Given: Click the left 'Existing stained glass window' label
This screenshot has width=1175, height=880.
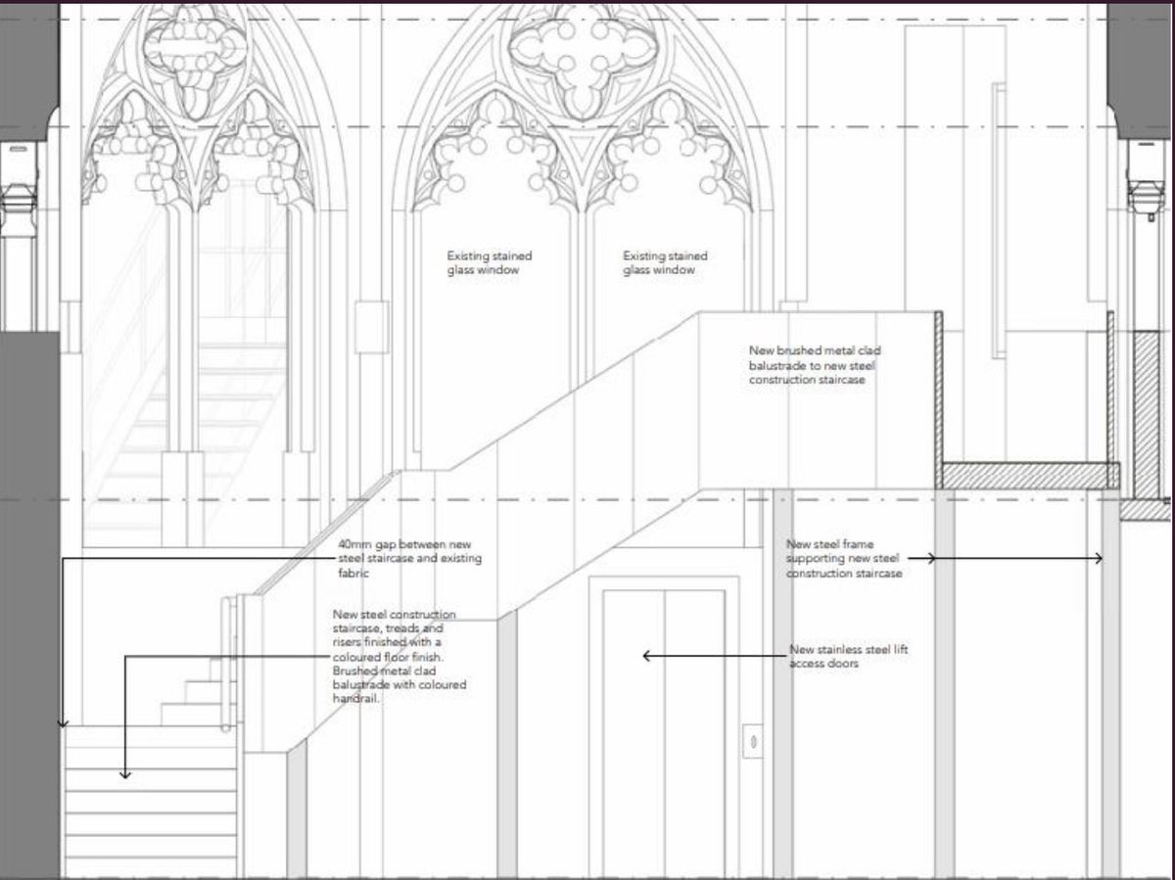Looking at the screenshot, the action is (x=490, y=262).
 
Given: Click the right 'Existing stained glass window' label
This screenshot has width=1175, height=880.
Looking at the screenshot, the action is (x=665, y=262).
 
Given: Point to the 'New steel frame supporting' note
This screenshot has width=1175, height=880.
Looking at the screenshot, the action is (x=844, y=558).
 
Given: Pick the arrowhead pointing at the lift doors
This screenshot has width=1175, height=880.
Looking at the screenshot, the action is (x=646, y=656).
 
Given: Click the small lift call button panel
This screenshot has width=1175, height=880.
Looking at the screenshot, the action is (x=752, y=739).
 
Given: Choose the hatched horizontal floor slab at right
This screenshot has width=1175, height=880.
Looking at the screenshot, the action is (x=1026, y=476).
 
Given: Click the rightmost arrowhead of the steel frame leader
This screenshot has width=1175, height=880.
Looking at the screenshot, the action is (x=1100, y=559).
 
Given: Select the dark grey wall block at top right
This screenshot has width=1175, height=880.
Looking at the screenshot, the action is (x=1141, y=69).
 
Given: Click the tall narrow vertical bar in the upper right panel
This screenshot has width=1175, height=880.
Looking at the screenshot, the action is (x=998, y=220).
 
